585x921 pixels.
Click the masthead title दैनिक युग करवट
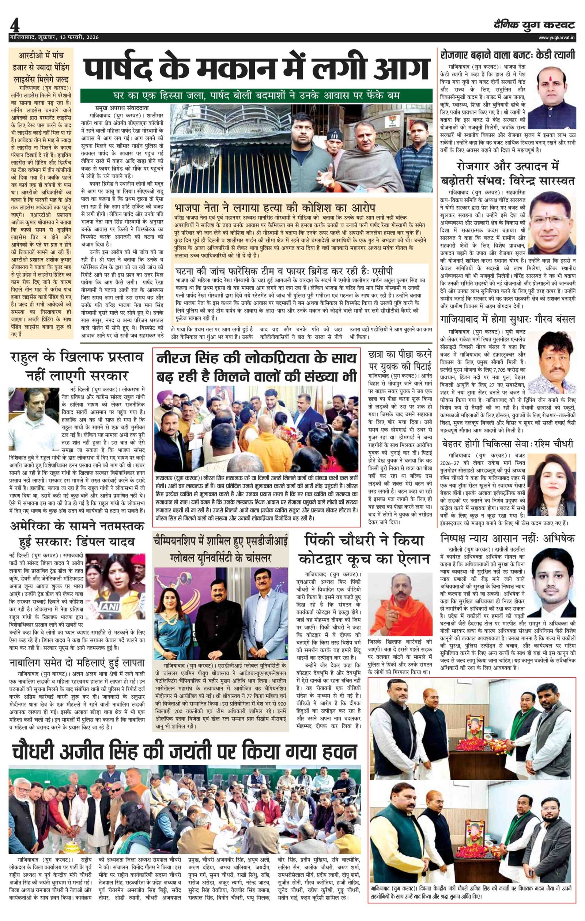click(x=533, y=25)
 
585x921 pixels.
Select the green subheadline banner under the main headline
click(x=256, y=95)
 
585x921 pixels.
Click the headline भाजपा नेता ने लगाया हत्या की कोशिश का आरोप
click(x=275, y=208)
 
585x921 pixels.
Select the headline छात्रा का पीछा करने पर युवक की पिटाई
click(x=400, y=360)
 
